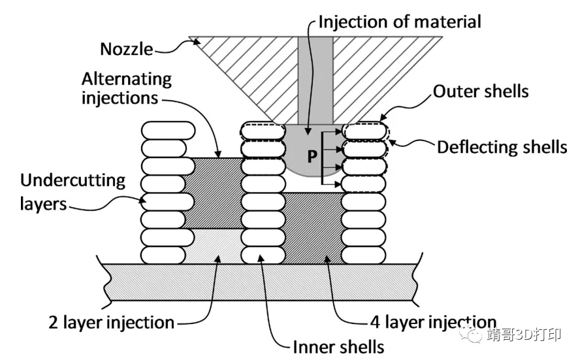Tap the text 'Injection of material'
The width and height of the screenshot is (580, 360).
pyautogui.click(x=400, y=21)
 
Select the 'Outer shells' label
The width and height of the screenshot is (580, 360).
pyautogui.click(x=481, y=91)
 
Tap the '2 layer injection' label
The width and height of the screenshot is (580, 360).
pyautogui.click(x=112, y=322)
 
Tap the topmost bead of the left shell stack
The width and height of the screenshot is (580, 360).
pyautogui.click(x=169, y=130)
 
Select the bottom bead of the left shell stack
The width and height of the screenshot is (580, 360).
pyautogui.click(x=169, y=255)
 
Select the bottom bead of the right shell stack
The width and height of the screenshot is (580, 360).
pyautogui.click(x=364, y=255)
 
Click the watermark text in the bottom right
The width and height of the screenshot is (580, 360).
pyautogui.click(x=523, y=336)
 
